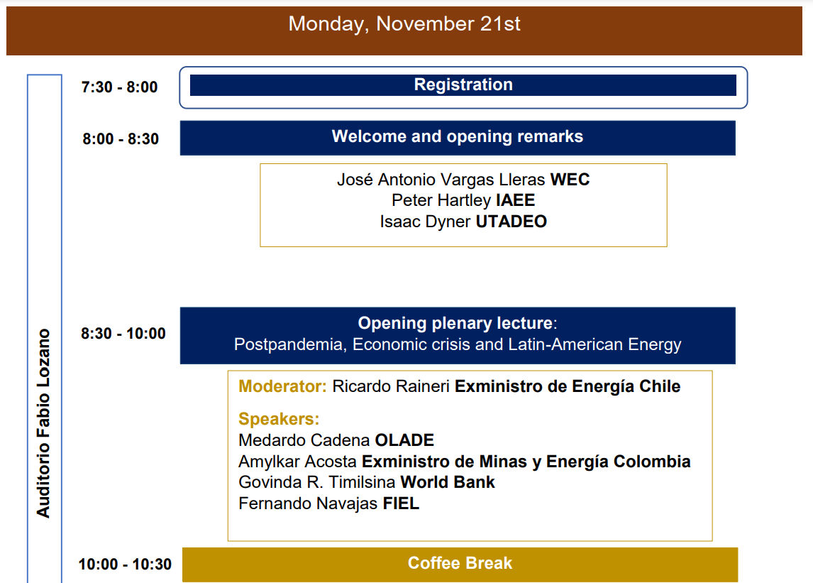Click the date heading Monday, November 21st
pyautogui.click(x=404, y=24)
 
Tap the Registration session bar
pyautogui.click(x=463, y=85)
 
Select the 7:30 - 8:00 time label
pyautogui.click(x=119, y=87)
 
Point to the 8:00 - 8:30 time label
pyautogui.click(x=121, y=138)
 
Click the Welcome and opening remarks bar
pyautogui.click(x=458, y=138)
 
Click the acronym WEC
pyautogui.click(x=570, y=180)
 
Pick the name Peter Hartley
pyautogui.click(x=441, y=200)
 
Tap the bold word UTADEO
pyautogui.click(x=511, y=222)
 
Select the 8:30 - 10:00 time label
pyautogui.click(x=123, y=333)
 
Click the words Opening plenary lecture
pyautogui.click(x=455, y=323)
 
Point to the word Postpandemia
pyautogui.click(x=290, y=344)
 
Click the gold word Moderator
pyautogui.click(x=282, y=386)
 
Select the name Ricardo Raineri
pyautogui.click(x=391, y=386)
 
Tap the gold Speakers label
pyautogui.click(x=279, y=419)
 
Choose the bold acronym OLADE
pyautogui.click(x=404, y=440)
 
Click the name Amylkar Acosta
pyautogui.click(x=298, y=462)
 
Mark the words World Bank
pyautogui.click(x=448, y=482)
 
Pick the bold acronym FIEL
pyautogui.click(x=401, y=503)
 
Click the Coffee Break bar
pyautogui.click(x=460, y=565)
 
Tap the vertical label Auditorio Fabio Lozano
pyautogui.click(x=43, y=423)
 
